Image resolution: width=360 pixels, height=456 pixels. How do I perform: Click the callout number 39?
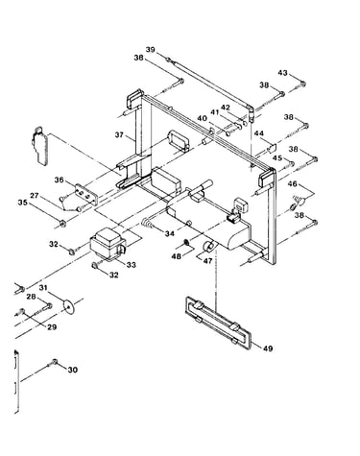point(151,50)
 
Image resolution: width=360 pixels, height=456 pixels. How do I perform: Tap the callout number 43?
point(282,73)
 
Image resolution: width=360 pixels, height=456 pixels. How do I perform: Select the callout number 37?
point(119,134)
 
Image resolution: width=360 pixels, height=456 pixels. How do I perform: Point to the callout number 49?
point(268,348)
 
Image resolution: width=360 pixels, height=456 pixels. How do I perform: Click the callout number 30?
point(73,370)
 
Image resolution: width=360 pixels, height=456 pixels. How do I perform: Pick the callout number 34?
point(170,234)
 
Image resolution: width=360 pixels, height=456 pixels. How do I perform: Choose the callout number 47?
point(207,261)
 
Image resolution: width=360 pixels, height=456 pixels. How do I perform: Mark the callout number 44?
point(259,132)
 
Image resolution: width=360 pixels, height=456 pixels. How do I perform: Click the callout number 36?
point(59,180)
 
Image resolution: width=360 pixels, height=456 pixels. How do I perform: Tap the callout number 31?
point(43,288)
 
